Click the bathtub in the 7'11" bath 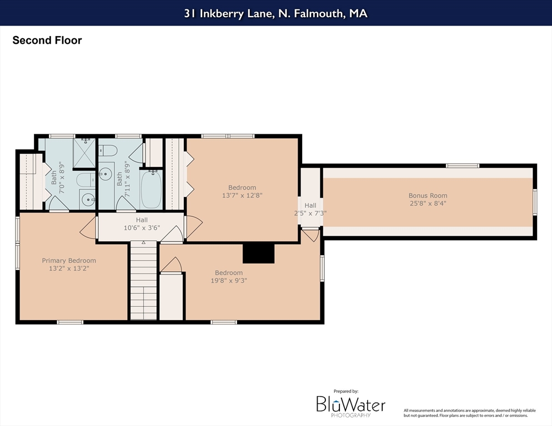pos(151,190)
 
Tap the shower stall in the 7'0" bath pos(84,153)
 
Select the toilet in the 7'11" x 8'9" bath pos(107,150)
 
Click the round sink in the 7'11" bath pos(106,174)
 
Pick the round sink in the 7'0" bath pos(87,200)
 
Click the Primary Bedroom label pos(69,261)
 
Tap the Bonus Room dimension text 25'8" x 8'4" pos(428,204)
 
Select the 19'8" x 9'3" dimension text pos(229,281)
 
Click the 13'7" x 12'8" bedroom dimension pos(242,196)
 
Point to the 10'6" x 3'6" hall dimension pos(142,228)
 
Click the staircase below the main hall pos(144,280)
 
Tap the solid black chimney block pos(258,252)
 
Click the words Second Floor pos(47,40)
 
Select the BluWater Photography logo pos(350,404)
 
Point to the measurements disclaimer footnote pos(470,413)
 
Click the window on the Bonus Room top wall pos(463,166)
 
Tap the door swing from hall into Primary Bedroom pos(88,227)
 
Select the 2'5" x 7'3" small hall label pos(310,213)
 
